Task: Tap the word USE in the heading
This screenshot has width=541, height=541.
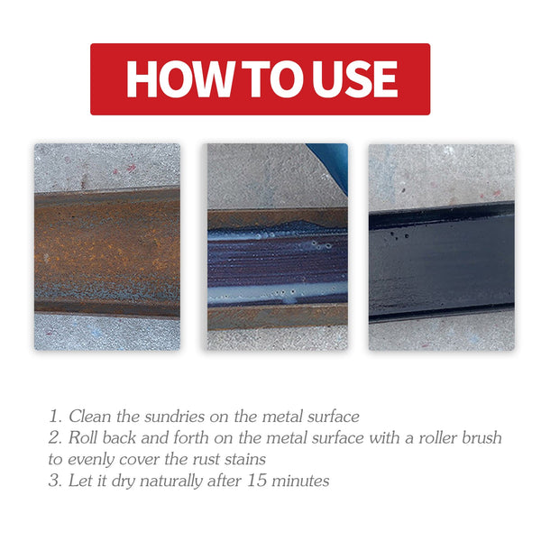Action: (x=353, y=79)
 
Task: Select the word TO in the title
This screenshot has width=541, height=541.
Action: (x=268, y=79)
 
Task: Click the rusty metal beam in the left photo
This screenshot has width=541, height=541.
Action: (x=106, y=252)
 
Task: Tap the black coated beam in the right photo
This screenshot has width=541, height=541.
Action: (x=441, y=261)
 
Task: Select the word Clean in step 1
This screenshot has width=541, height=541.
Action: (x=90, y=417)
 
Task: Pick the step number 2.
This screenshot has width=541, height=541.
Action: (x=54, y=438)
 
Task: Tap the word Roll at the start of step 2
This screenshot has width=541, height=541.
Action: (x=87, y=438)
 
